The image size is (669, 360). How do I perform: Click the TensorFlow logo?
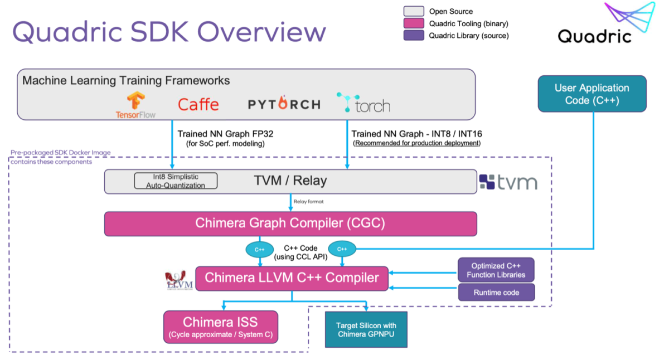pos(135,105)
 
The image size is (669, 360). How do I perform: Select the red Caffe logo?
pos(198,104)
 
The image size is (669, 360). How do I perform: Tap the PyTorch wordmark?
pos(284,104)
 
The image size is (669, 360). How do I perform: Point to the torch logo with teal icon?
pos(363,104)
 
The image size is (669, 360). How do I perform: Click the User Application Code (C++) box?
pos(592,94)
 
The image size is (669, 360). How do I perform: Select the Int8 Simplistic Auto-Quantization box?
pos(176,181)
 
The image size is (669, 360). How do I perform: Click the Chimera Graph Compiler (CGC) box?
pos(290,223)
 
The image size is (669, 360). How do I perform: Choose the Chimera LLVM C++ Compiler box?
pos(292,278)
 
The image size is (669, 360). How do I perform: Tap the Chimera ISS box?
pos(220,327)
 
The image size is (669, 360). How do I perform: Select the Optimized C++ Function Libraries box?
pos(496,270)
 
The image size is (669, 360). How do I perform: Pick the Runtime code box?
pos(496,293)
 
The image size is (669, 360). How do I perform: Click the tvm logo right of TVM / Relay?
pos(508,182)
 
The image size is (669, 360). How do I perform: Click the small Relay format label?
pos(308,201)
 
